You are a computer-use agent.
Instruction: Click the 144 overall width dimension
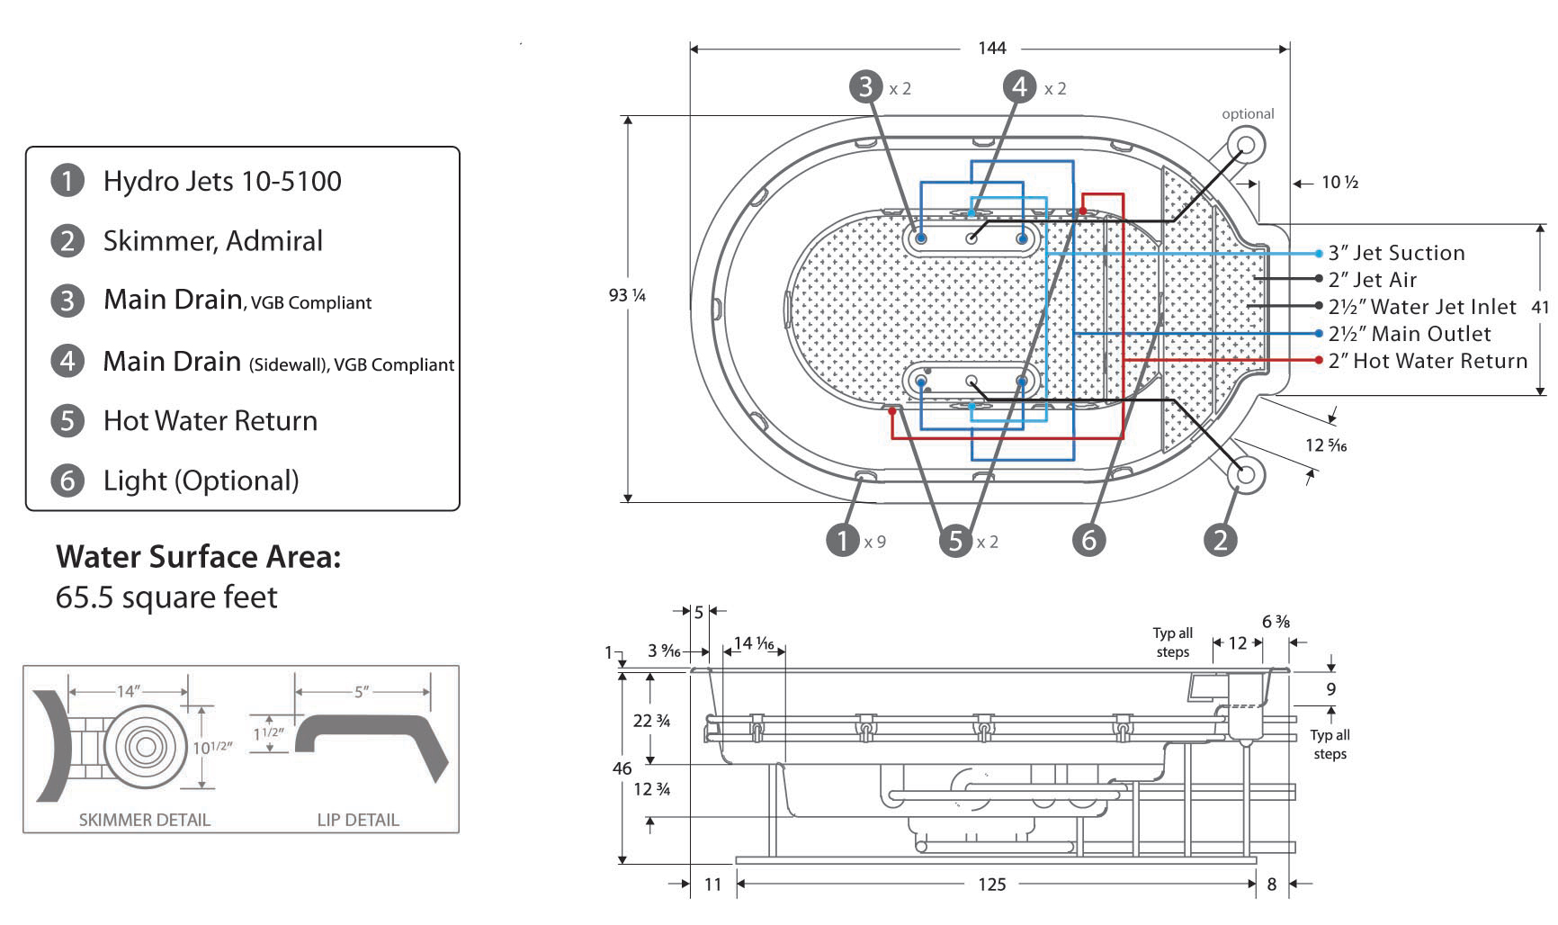point(991,48)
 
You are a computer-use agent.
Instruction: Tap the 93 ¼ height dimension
point(627,295)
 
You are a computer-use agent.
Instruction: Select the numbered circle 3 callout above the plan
point(865,86)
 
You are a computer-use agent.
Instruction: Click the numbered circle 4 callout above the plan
point(1019,86)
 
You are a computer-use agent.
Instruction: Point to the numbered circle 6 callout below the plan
point(1089,539)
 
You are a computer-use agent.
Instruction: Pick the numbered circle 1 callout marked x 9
point(843,540)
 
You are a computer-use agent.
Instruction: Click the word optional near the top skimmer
point(1248,113)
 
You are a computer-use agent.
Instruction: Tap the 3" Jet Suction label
point(1396,254)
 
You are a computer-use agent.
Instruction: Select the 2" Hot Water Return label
point(1428,361)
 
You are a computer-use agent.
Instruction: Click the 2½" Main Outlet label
point(1410,334)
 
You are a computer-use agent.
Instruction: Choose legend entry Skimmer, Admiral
point(212,241)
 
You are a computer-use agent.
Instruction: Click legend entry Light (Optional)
point(201,480)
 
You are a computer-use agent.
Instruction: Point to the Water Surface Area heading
point(199,557)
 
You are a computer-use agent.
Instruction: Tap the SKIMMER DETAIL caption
point(144,820)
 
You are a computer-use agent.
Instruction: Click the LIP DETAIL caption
point(358,820)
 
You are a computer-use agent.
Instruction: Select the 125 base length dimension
point(991,885)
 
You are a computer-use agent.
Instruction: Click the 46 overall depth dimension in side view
point(622,768)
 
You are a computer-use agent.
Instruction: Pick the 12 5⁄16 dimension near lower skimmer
point(1326,445)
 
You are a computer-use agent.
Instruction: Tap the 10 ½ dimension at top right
point(1339,183)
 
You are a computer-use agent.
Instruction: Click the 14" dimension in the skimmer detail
point(128,691)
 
